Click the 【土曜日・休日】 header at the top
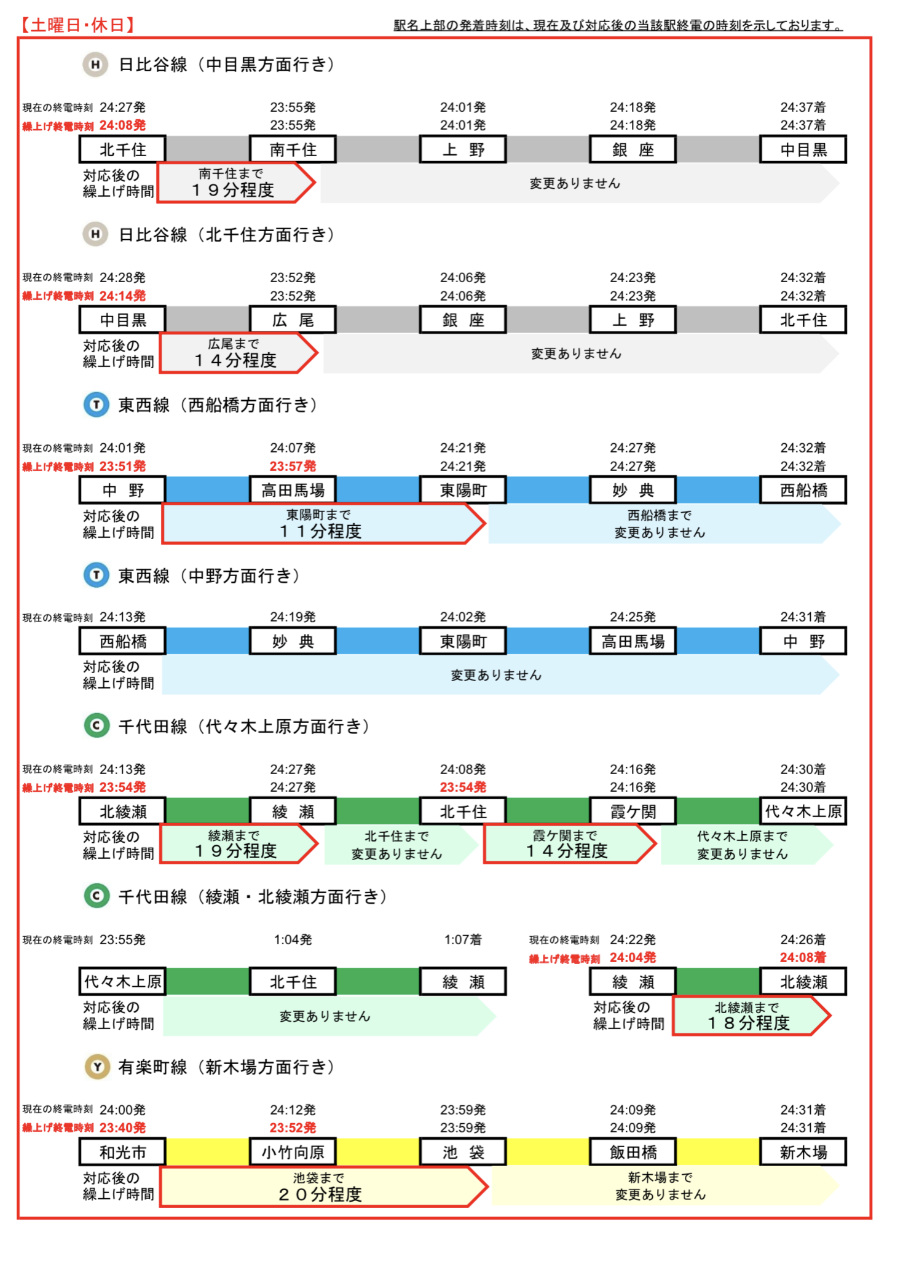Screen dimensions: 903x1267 (77, 25)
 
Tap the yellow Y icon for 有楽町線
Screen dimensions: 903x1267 (97, 1067)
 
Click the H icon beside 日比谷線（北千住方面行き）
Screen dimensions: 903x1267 (95, 234)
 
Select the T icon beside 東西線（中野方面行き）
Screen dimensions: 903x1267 (97, 575)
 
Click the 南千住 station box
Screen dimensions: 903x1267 (293, 149)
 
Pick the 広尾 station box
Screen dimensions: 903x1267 (293, 320)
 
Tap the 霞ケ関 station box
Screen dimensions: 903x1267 (633, 811)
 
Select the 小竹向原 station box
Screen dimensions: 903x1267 (293, 1152)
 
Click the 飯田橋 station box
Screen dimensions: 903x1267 (633, 1152)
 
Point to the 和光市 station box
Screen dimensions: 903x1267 (123, 1152)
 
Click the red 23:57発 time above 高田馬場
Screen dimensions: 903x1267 (293, 467)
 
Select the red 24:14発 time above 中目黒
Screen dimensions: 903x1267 (123, 296)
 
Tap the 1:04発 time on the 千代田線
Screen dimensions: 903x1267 (293, 940)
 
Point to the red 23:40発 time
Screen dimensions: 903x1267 (123, 1128)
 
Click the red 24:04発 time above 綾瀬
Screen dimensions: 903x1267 (633, 958)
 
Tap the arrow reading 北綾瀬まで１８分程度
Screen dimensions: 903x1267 (752, 1016)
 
